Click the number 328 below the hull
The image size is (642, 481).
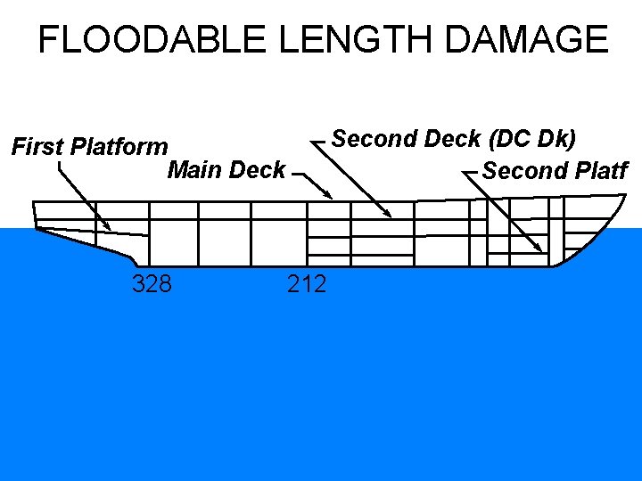152,284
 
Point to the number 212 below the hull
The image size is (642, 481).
307,284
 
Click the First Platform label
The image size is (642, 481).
89,146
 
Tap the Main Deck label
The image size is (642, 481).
226,169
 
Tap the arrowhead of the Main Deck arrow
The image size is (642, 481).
331,197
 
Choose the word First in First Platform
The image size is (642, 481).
37,146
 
